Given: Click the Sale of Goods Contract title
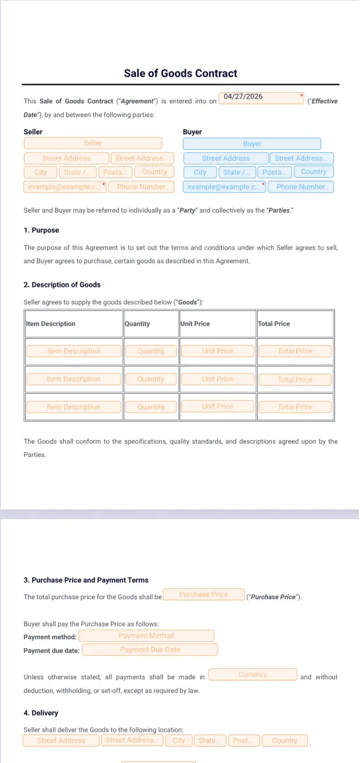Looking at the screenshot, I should [181, 74].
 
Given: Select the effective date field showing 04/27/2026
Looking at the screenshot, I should [261, 98].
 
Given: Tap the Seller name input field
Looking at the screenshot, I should [93, 143].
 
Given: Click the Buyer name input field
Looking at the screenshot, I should [252, 144].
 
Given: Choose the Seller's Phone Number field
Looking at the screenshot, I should [141, 187].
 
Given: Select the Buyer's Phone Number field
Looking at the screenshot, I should [300, 187].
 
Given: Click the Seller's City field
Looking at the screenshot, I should [41, 172].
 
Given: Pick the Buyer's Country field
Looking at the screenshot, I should [314, 172].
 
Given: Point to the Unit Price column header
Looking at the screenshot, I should [195, 324].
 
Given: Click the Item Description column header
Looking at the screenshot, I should [51, 324].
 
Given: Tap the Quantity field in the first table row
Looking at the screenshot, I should [151, 351].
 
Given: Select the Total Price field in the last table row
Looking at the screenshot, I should [295, 407].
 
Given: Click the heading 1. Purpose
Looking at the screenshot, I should [41, 231].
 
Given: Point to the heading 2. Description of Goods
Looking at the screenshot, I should [62, 285].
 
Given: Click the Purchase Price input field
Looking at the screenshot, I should [203, 595].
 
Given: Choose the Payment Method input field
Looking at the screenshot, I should [146, 636].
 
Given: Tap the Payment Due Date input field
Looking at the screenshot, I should [150, 650].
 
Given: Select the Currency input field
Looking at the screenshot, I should [253, 675].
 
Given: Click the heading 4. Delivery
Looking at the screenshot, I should [41, 713].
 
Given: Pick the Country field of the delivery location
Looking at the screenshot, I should [285, 741].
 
